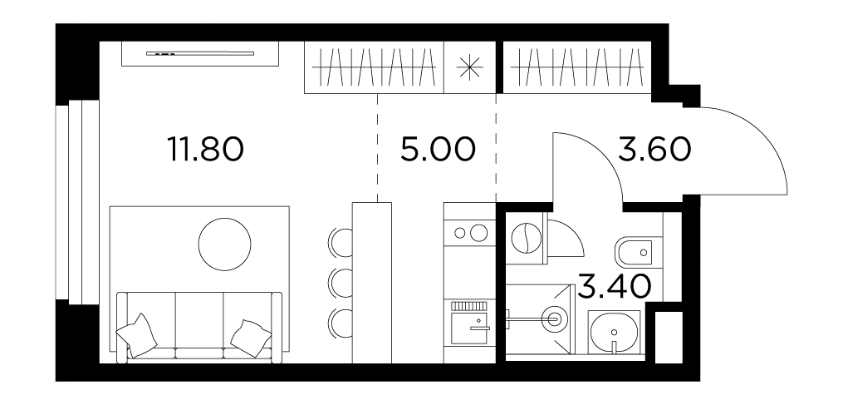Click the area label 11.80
pyautogui.click(x=205, y=149)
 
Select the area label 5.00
pyautogui.click(x=438, y=149)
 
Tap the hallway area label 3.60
pyautogui.click(x=653, y=149)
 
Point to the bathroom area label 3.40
pyautogui.click(x=615, y=286)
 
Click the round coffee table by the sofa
pyautogui.click(x=225, y=244)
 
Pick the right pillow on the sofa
pyautogui.click(x=251, y=338)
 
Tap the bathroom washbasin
pyautogui.click(x=614, y=333)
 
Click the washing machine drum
pyautogui.click(x=525, y=239)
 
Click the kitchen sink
pyautogui.click(x=468, y=329)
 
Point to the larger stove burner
pyautogui.click(x=478, y=233)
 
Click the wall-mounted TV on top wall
pyautogui.click(x=200, y=53)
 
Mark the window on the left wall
pyautogui.click(x=77, y=202)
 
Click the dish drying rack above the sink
pyautogui.click(x=468, y=306)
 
